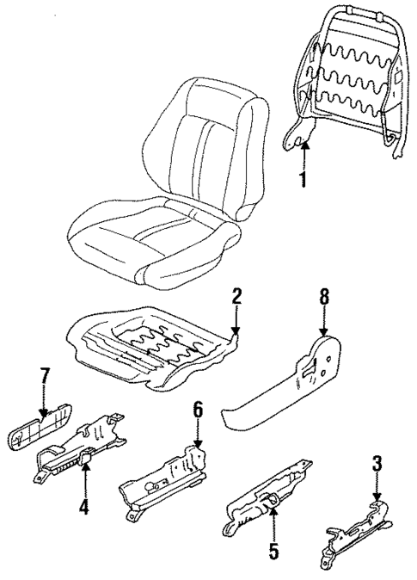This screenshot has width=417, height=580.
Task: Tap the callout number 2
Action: click(x=237, y=298)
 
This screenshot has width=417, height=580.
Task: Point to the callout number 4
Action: click(x=83, y=508)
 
